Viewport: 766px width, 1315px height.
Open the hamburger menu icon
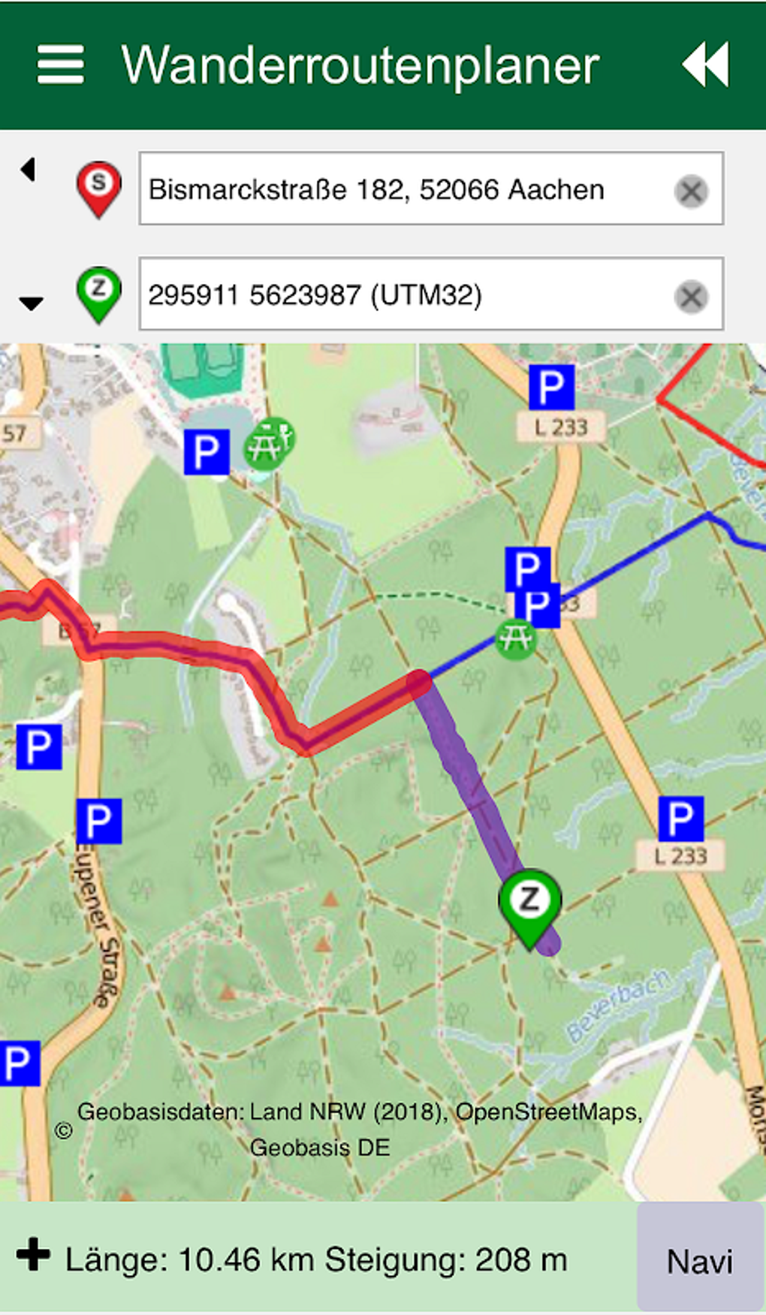(x=61, y=65)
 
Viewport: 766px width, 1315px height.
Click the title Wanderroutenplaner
(x=360, y=66)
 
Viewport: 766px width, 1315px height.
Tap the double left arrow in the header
(x=705, y=65)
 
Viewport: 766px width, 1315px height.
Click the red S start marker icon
(x=98, y=187)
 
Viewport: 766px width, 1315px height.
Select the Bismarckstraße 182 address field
(x=406, y=189)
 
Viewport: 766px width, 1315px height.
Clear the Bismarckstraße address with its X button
(x=691, y=191)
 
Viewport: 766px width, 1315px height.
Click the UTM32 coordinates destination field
(x=406, y=294)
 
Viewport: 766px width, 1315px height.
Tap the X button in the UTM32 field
(x=691, y=297)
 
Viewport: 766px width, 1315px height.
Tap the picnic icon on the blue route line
(x=516, y=639)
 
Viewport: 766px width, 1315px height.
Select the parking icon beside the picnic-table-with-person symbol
(x=207, y=452)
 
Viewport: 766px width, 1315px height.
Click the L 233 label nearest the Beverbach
(x=680, y=855)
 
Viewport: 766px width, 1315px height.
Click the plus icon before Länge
(x=34, y=1254)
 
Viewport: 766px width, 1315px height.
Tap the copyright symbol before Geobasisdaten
(x=64, y=1130)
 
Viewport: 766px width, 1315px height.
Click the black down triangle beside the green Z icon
(x=31, y=303)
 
